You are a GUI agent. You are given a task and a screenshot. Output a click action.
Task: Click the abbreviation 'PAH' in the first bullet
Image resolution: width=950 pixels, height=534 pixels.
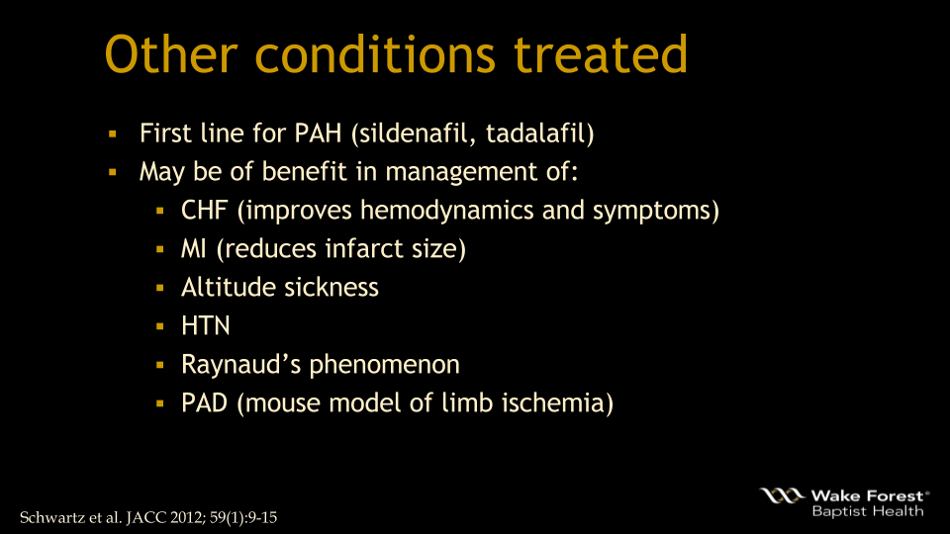pos(318,133)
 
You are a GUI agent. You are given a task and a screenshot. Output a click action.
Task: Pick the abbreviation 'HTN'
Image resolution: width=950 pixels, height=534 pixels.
pos(205,326)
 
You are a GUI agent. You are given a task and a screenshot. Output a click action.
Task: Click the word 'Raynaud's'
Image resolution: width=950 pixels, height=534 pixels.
pos(241,365)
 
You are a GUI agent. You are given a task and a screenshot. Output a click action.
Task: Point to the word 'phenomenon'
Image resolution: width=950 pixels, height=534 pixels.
pos(385,365)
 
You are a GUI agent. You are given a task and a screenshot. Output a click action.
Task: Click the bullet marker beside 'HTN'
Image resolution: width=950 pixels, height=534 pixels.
pos(159,326)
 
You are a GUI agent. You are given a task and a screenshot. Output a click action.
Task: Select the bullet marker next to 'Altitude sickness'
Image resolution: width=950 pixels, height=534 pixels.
pos(159,288)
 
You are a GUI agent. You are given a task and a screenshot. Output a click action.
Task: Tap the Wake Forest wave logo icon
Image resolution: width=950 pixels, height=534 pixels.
pos(782,495)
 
